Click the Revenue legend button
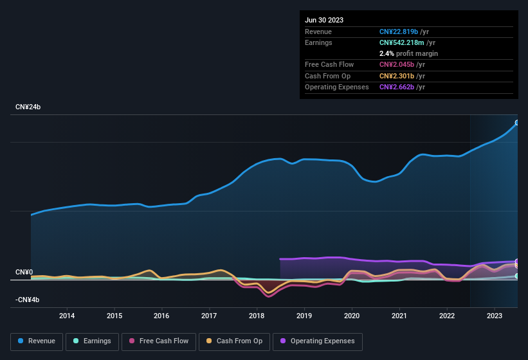(37, 341)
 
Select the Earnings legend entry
(91, 341)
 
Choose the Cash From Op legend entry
(234, 341)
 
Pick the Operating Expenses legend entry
(318, 341)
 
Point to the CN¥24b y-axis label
(28, 107)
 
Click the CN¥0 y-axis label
(24, 272)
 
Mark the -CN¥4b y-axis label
(28, 300)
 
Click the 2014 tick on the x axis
(67, 316)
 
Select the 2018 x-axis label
(257, 316)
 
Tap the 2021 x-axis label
(399, 316)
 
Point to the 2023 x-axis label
(495, 316)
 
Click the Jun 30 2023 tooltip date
(324, 20)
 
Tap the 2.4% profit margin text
(409, 53)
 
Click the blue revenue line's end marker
(517, 122)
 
